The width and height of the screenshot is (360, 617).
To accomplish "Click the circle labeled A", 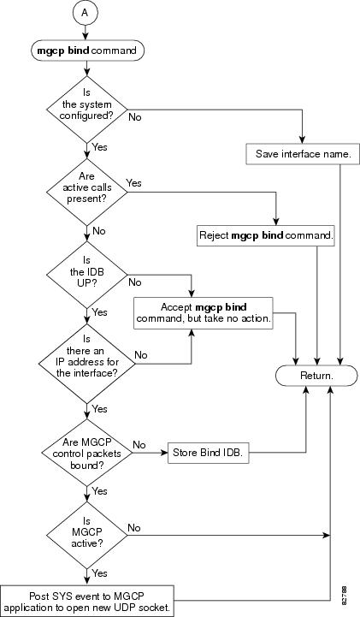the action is coord(85,12).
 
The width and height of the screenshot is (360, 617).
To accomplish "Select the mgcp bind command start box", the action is coord(87,50).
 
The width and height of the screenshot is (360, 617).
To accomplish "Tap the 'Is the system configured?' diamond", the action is coord(87,110).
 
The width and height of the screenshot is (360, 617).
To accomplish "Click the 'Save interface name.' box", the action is coord(303,154).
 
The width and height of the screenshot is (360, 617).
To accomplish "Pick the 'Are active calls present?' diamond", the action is coord(87,192).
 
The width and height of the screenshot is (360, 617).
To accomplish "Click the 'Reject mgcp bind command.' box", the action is coord(266,235).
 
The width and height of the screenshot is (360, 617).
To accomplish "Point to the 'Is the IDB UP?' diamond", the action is coord(87,275).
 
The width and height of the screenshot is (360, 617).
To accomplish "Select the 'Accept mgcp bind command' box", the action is coord(204,313).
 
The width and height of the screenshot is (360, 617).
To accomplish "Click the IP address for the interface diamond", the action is coord(87,364).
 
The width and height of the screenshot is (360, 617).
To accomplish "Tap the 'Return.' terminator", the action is coord(316,376).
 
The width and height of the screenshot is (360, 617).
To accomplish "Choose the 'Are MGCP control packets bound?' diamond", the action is coord(87,453).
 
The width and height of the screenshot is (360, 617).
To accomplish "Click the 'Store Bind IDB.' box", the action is coord(209,453).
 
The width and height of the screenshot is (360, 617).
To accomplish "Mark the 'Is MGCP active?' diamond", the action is coord(87,534).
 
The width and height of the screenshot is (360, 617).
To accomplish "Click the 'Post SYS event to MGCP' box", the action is coord(87,601).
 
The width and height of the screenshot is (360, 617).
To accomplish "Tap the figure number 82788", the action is coord(345,596).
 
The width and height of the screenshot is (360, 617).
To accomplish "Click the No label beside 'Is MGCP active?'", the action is coord(134,528).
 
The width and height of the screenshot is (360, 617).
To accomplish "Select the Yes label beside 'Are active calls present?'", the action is coord(134,183).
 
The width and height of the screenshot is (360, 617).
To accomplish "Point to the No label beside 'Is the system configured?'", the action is coord(135,117).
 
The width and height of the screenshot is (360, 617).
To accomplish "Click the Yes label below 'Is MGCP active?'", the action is coord(99,573).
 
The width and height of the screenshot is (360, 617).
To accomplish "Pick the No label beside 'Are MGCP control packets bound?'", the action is coord(139,445).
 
